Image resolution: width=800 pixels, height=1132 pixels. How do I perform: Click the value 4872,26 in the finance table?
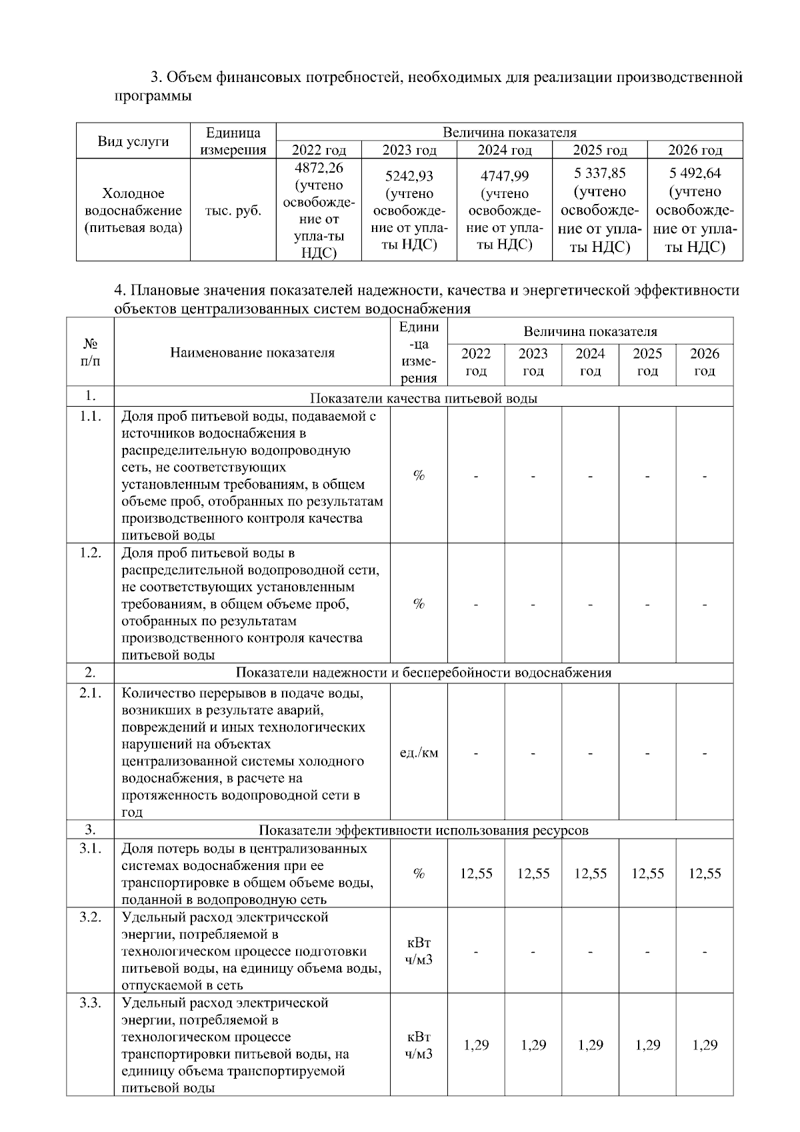pyautogui.click(x=319, y=167)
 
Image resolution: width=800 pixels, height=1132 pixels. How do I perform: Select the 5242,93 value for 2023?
pyautogui.click(x=409, y=176)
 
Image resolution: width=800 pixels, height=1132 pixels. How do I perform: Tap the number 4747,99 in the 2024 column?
pyautogui.click(x=505, y=176)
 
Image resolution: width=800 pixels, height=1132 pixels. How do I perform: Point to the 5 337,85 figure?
pyautogui.click(x=600, y=173)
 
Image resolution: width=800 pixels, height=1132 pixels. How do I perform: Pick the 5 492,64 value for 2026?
pyautogui.click(x=695, y=173)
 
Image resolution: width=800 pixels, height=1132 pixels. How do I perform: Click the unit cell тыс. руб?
pyautogui.click(x=233, y=211)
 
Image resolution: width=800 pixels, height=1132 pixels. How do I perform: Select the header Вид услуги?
pyautogui.click(x=133, y=141)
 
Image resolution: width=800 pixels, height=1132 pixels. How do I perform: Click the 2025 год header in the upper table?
pyautogui.click(x=600, y=150)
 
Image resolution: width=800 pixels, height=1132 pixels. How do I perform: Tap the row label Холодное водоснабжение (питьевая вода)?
pyautogui.click(x=133, y=211)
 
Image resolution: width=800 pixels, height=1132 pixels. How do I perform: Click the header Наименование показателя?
pyautogui.click(x=252, y=353)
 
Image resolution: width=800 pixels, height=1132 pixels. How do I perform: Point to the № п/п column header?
pyautogui.click(x=91, y=353)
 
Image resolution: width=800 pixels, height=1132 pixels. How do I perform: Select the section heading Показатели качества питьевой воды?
pyautogui.click(x=424, y=399)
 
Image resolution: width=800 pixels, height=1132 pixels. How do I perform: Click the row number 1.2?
pyautogui.click(x=90, y=553)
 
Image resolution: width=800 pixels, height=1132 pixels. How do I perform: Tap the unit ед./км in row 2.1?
pyautogui.click(x=419, y=753)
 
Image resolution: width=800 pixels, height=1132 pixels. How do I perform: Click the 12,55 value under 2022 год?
pyautogui.click(x=476, y=873)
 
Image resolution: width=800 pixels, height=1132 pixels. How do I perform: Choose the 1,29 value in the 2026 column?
pyautogui.click(x=705, y=1045)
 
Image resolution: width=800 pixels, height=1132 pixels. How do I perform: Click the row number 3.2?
pyautogui.click(x=90, y=917)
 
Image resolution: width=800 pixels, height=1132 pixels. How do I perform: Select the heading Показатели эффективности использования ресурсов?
pyautogui.click(x=424, y=830)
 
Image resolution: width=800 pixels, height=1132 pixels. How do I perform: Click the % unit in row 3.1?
pyautogui.click(x=419, y=873)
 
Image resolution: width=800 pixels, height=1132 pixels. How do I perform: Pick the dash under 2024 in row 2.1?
pyautogui.click(x=591, y=753)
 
